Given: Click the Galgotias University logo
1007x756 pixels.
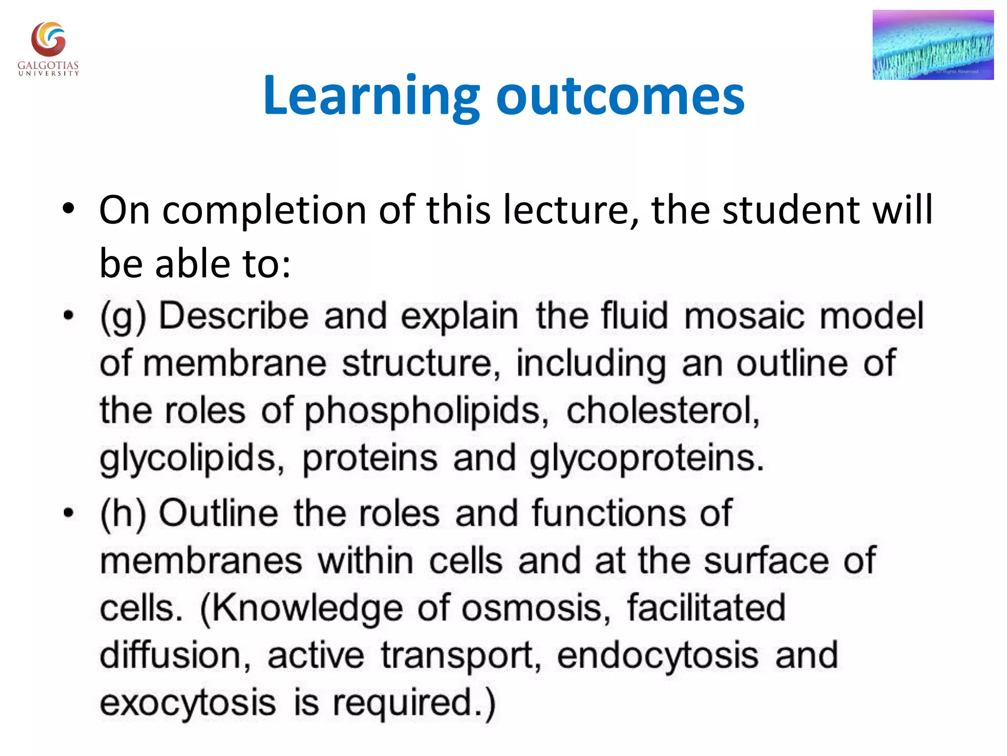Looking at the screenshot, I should coord(48,48).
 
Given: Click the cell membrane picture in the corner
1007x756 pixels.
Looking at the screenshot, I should coord(933,45).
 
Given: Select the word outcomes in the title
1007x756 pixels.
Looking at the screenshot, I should coord(621,95).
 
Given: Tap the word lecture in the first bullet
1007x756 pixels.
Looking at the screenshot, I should coord(570,210).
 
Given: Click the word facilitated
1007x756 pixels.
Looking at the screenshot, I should coord(706,608).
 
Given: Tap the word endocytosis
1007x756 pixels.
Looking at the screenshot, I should coord(657,656).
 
